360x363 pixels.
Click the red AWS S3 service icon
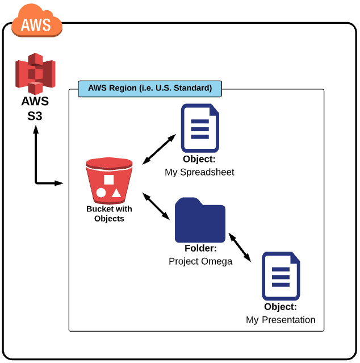click(x=36, y=73)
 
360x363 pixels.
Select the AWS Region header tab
click(x=149, y=89)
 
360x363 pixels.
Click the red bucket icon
click(x=109, y=180)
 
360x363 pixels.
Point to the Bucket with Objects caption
click(x=109, y=214)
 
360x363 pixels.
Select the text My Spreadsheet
click(x=199, y=172)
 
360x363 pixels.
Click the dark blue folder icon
click(x=200, y=220)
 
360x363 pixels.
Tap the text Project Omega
click(x=200, y=261)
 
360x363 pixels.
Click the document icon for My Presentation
click(x=281, y=276)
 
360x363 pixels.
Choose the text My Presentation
click(x=281, y=320)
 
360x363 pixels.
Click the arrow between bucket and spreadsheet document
click(x=158, y=150)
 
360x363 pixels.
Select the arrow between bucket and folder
click(x=156, y=206)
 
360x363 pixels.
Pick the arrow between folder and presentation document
click(x=239, y=247)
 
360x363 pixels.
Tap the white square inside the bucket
click(x=109, y=180)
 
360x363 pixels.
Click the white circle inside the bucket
click(x=101, y=193)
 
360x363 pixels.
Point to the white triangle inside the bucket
click(x=116, y=193)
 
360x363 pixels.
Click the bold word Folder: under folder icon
click(x=200, y=249)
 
